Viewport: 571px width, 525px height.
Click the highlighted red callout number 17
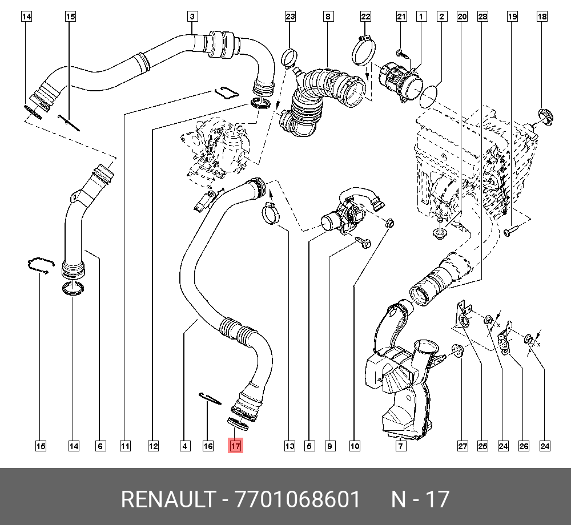click(236, 446)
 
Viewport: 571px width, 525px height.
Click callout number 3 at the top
click(192, 17)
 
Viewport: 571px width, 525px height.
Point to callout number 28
click(482, 17)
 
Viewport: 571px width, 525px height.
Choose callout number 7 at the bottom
click(401, 446)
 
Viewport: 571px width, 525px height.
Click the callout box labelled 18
click(541, 17)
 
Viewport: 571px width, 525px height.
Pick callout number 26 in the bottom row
click(524, 446)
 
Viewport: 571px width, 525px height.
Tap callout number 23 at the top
click(290, 17)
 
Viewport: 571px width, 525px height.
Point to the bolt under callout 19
click(510, 231)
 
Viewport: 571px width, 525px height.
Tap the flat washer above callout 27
click(457, 349)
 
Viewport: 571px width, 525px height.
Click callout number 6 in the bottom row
click(100, 446)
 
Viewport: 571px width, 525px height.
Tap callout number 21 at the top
click(401, 17)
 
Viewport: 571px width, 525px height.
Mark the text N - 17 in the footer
click(420, 500)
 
